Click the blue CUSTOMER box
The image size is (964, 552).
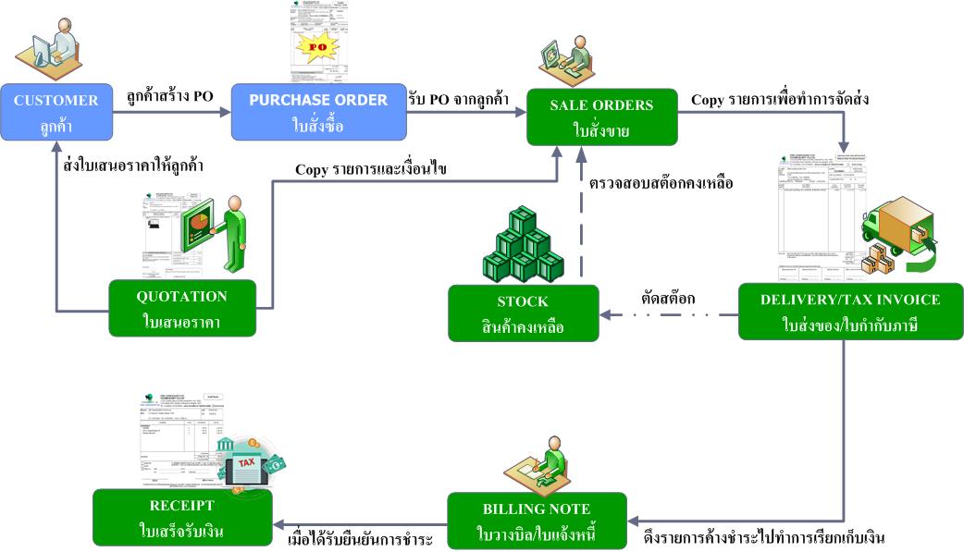tap(56, 113)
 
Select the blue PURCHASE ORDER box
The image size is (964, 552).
tap(317, 113)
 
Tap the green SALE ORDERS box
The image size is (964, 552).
tap(600, 117)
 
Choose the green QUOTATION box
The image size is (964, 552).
tap(181, 309)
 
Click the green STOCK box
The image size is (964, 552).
tap(523, 313)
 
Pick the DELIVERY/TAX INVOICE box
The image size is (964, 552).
tap(850, 312)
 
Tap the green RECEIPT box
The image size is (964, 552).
tap(181, 518)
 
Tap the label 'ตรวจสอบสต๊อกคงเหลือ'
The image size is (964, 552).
tap(661, 183)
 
